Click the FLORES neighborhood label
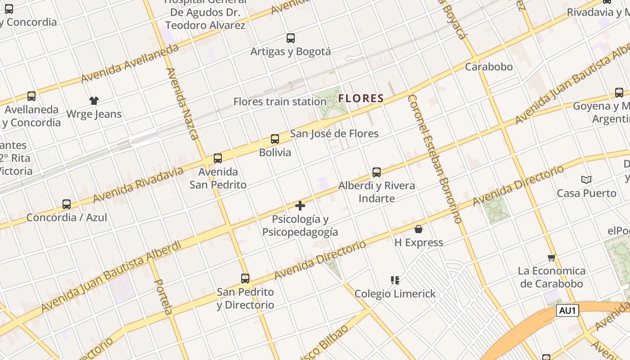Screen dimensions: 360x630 point(361,98)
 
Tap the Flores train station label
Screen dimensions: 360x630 point(279,102)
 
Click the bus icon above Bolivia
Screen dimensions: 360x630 point(275,139)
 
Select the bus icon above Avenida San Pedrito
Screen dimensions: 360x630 point(218,158)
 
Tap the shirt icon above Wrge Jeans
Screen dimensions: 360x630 point(94,101)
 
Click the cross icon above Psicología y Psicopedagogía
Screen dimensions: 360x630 point(300,206)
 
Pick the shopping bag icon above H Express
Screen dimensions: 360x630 point(418,229)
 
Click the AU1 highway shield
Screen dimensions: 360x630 point(567,310)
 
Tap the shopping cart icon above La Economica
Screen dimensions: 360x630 point(552,258)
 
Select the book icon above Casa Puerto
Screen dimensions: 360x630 point(586,180)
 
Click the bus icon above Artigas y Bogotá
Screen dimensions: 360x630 point(291,38)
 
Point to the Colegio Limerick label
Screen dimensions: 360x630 point(395,294)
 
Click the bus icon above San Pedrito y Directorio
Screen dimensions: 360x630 point(245,279)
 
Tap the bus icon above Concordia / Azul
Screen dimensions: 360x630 point(67,204)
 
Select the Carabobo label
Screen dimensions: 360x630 point(489,67)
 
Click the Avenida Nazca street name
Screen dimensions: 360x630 point(182,103)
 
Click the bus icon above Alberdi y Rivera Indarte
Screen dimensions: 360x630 point(377,172)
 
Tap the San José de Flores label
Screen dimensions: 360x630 point(334,134)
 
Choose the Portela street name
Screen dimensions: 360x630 point(163,296)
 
